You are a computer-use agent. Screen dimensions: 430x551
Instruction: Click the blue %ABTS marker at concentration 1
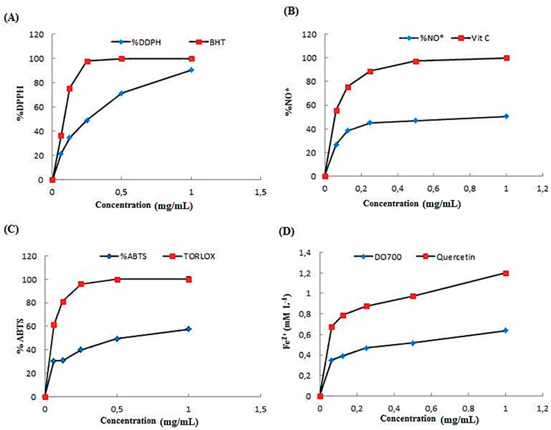pos(188,329)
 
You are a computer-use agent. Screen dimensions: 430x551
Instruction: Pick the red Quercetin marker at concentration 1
pos(506,273)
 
